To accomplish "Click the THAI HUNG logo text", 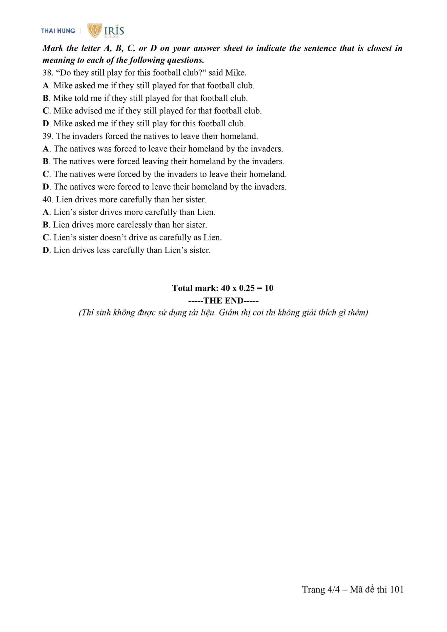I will point(58,31).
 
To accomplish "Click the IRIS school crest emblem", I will point(95,30).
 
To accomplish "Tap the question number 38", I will point(47,73).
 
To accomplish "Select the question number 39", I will point(47,136).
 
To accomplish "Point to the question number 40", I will point(47,199).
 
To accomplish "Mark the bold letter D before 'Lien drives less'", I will point(46,250).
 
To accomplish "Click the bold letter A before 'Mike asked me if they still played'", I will point(46,85).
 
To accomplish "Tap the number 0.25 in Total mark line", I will point(246,288).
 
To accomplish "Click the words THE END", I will point(223,301).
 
